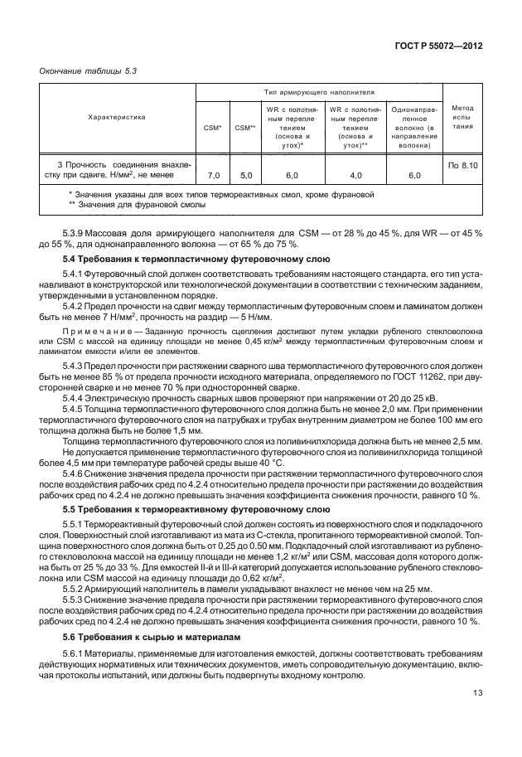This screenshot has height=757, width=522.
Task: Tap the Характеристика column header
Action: pos(117,118)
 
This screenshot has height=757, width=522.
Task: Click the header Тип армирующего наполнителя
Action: pos(319,93)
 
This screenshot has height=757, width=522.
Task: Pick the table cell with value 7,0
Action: pos(213,176)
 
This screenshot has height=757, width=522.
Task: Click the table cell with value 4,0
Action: pos(355,176)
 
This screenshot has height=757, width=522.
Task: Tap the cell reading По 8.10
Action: pos(462,166)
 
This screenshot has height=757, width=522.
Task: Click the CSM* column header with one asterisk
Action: pos(212,128)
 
